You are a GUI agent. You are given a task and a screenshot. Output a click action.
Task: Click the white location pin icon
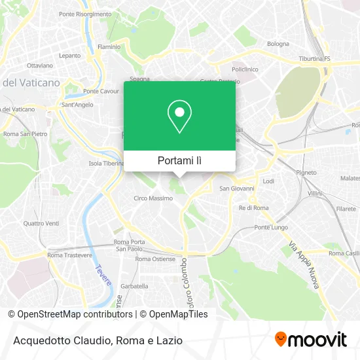[179, 117]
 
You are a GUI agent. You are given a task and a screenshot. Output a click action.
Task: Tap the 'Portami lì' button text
[179, 160]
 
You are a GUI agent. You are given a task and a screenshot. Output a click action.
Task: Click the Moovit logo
[310, 339]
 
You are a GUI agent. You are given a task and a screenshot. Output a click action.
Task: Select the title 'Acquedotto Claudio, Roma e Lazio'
[96, 340]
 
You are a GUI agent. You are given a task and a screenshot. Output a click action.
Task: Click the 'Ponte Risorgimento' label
[85, 14]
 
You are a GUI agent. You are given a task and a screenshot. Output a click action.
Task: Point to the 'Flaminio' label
[109, 47]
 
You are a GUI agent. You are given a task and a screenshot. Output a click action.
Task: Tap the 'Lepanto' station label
[69, 56]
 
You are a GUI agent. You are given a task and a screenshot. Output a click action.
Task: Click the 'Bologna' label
[278, 44]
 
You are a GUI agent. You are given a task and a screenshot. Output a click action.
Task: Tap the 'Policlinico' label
[245, 69]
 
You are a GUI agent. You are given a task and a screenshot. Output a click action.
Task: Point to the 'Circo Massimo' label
[151, 198]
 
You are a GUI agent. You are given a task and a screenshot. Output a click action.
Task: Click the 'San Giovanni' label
[236, 189]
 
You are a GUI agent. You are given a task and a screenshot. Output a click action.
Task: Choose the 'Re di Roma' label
[254, 207]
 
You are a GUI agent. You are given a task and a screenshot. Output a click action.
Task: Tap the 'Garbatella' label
[135, 287]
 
